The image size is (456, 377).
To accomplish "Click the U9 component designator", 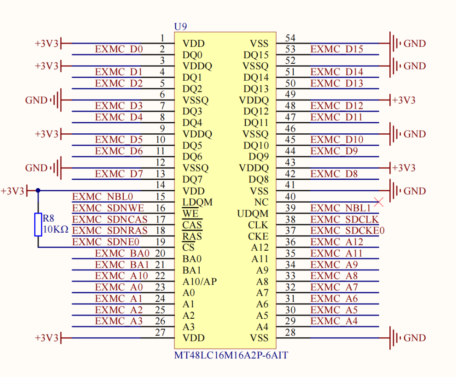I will pyautogui.click(x=180, y=27).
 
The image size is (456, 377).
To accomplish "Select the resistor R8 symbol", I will pyautogui.click(x=38, y=225).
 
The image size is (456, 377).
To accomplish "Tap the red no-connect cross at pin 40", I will pyautogui.click(x=379, y=202).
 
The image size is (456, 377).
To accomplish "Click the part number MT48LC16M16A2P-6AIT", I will pyautogui.click(x=231, y=355).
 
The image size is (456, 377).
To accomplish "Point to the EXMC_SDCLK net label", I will pyautogui.click(x=345, y=220).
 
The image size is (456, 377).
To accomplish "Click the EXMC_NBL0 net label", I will pyautogui.click(x=103, y=197).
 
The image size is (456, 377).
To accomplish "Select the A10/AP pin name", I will pyautogui.click(x=199, y=282).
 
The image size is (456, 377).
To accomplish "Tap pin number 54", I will pyautogui.click(x=290, y=38).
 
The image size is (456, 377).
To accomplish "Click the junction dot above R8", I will pyautogui.click(x=38, y=191).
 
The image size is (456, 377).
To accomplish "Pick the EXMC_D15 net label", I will pyautogui.click(x=337, y=49).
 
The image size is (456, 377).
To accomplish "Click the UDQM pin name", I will pyautogui.click(x=253, y=214).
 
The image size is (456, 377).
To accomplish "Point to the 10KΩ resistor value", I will pyautogui.click(x=55, y=231).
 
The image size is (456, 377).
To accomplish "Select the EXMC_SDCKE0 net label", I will pyautogui.click(x=347, y=231).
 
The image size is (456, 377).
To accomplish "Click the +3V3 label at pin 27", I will pyautogui.click(x=46, y=338).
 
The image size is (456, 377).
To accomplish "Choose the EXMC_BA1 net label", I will pyautogui.click(x=122, y=265).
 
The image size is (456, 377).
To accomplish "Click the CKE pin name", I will pyautogui.click(x=258, y=236).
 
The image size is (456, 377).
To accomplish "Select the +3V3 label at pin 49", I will pyautogui.click(x=404, y=100).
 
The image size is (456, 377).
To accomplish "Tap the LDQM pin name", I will pyautogui.click(x=197, y=202).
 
